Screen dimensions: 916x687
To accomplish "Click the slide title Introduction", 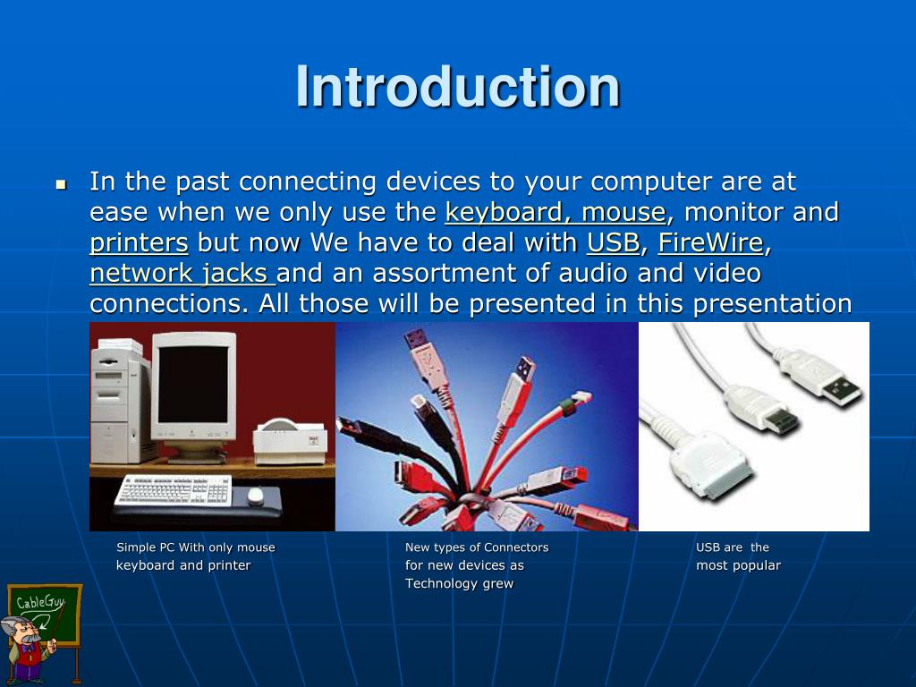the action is point(457,87).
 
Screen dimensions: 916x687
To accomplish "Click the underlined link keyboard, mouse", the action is point(555,212).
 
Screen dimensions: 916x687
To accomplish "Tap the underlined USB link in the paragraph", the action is point(614,242).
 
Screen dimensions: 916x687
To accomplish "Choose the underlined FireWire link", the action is point(711,242).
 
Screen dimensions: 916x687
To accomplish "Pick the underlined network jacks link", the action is point(182,274).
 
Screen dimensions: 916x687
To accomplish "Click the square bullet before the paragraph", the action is point(62,185).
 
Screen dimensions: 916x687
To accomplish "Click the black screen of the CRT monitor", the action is point(193,385).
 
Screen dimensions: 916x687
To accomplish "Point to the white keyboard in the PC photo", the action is point(174,489).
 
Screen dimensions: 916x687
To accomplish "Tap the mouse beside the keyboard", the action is point(256,496).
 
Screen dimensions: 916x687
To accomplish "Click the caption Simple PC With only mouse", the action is point(196,547).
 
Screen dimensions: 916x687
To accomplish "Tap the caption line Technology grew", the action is point(459,583).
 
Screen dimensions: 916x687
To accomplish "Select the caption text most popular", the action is point(738,565).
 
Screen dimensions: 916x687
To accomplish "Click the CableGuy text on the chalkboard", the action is point(39,602).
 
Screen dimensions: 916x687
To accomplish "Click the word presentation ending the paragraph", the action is point(772,304).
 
